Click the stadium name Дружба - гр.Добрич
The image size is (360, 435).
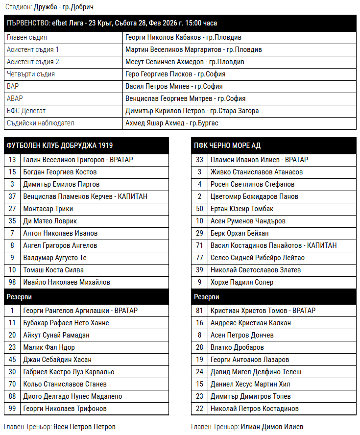click(64, 7)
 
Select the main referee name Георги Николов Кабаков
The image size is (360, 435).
click(163, 37)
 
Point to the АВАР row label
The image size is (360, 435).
click(15, 98)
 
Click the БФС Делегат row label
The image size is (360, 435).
click(26, 111)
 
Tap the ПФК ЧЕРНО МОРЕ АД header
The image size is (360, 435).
click(227, 145)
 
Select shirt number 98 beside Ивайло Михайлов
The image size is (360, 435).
click(13, 282)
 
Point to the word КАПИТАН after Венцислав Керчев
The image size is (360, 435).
click(132, 196)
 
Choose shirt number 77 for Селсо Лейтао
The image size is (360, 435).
click(199, 258)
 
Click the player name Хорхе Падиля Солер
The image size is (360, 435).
click(242, 282)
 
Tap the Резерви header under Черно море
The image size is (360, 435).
click(207, 297)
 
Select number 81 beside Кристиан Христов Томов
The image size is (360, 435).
click(199, 311)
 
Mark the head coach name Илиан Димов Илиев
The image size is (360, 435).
click(272, 427)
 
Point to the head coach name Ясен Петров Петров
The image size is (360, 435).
click(84, 427)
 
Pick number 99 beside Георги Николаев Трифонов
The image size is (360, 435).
click(13, 409)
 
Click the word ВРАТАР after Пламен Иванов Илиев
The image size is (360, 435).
click(297, 160)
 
